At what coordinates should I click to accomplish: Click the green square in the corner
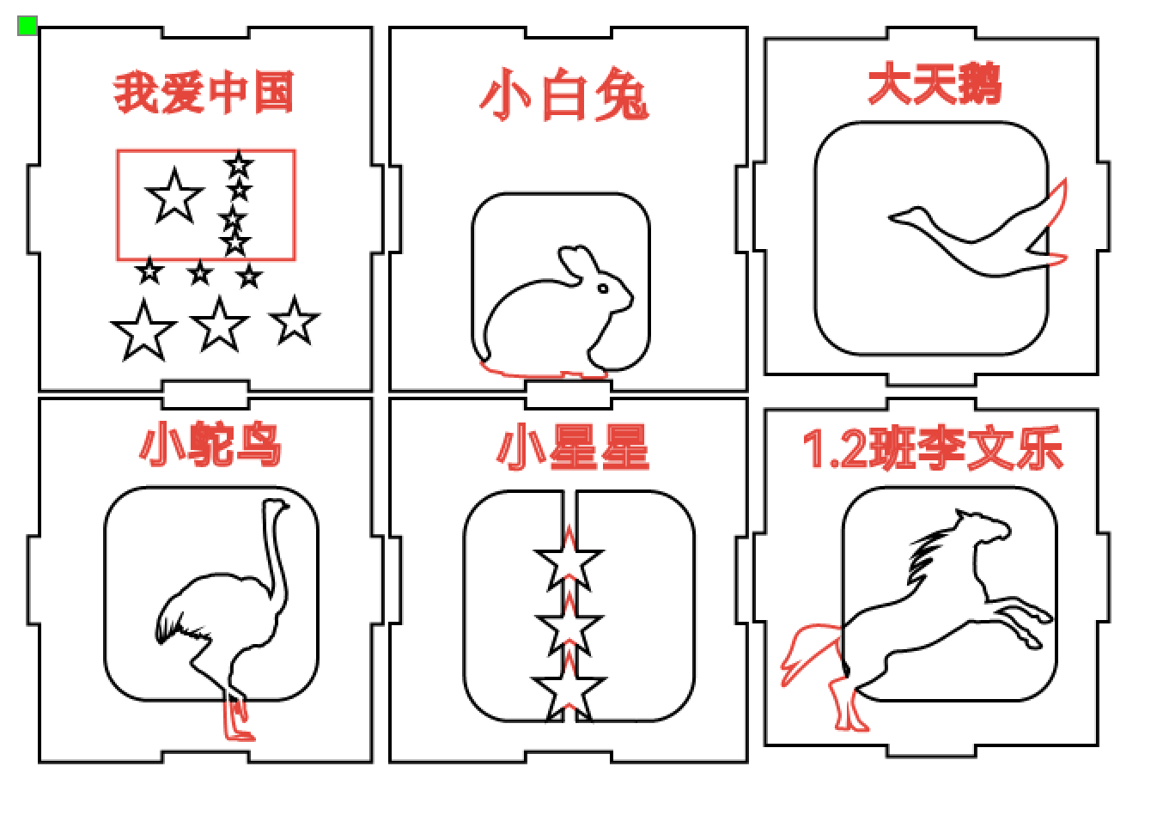pyautogui.click(x=27, y=26)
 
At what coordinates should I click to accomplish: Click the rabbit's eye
pyautogui.click(x=603, y=289)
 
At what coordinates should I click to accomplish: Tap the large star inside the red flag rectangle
pyautogui.click(x=174, y=196)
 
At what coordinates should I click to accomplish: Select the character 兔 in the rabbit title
pyautogui.click(x=622, y=94)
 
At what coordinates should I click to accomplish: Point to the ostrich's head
pyautogui.click(x=276, y=505)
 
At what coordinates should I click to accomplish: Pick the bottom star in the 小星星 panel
pyautogui.click(x=569, y=690)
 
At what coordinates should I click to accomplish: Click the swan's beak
pyautogui.click(x=898, y=217)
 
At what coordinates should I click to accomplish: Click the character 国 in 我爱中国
pyautogui.click(x=274, y=93)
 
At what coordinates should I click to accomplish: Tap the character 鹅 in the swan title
pyautogui.click(x=979, y=83)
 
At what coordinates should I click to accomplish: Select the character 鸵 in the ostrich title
pyautogui.click(x=210, y=444)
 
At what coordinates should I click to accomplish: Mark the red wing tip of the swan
pyautogui.click(x=1057, y=205)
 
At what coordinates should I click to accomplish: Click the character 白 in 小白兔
pyautogui.click(x=564, y=96)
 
